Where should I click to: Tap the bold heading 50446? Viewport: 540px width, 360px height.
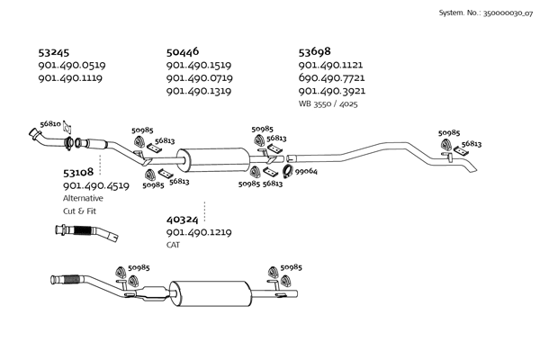pos(183,51)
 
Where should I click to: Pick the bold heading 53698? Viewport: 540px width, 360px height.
pos(315,51)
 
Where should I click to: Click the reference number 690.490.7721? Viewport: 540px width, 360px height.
pos(330,78)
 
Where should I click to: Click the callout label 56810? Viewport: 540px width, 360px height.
pos(50,123)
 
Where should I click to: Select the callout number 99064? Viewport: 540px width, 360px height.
pos(306,171)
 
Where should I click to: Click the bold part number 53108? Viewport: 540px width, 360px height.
pos(78,171)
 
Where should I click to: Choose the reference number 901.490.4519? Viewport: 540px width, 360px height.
pos(96,185)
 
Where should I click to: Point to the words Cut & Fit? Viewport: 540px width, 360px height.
pos(79,211)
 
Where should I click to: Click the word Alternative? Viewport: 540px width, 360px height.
pos(83,198)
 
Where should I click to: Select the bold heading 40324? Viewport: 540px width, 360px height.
pos(182,219)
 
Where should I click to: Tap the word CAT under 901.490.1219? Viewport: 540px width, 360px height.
pos(173,245)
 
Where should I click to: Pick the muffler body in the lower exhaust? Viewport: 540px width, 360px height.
pos(211,293)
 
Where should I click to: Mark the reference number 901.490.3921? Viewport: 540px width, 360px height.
pos(330,91)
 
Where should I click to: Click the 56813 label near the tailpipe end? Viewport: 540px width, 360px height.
pos(472,144)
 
